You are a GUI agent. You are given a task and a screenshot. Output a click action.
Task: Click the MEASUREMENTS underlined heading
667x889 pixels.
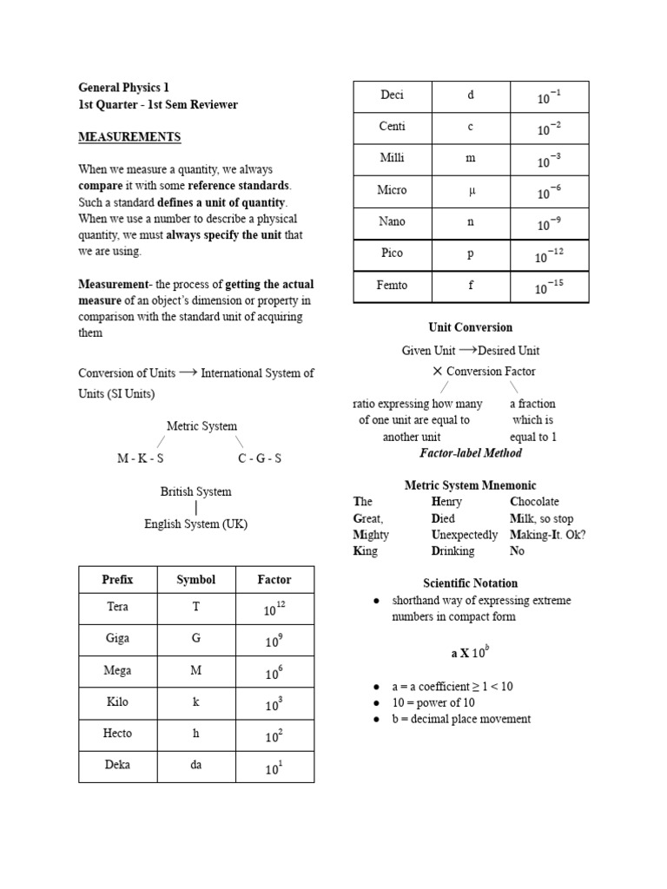coord(129,137)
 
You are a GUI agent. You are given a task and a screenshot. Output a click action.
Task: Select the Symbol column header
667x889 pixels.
coord(195,579)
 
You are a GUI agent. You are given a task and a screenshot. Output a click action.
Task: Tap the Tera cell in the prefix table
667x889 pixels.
coord(117,607)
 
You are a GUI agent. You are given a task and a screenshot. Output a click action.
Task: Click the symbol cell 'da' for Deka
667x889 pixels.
coord(195,765)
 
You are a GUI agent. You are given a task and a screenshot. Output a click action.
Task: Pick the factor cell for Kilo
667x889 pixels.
coord(274,703)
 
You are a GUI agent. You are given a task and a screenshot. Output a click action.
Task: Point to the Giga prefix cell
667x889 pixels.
coord(117,638)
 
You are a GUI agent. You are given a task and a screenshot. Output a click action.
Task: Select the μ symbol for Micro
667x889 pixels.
coord(471,190)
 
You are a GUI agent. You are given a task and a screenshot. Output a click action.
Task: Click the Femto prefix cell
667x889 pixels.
coord(392,285)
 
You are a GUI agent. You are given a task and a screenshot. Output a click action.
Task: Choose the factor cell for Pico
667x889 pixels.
coord(549,255)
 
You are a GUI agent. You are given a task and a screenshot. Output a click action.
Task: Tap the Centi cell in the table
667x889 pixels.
coord(392,127)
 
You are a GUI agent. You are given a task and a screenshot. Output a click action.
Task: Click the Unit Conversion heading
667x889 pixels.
coord(470,327)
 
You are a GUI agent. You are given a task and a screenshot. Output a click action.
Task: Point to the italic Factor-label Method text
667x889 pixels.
coord(471,453)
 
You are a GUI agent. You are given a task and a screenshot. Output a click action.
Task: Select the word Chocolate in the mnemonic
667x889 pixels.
coord(534,502)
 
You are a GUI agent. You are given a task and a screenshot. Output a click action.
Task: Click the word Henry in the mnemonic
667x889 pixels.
coord(446,502)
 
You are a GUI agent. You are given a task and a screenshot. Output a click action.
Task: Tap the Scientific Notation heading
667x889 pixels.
coord(470,583)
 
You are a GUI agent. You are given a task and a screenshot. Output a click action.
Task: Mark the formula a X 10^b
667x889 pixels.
coord(470,652)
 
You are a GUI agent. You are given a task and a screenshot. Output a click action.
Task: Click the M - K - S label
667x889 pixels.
coord(141,458)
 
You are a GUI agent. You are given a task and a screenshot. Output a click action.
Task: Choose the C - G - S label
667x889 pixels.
coord(259,458)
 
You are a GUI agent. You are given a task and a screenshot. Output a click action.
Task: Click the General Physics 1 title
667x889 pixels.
coord(124,88)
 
